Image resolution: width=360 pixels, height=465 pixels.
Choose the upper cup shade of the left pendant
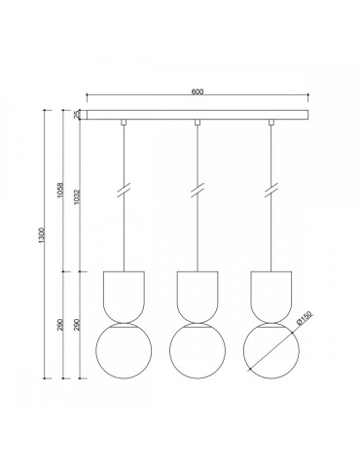point(124,294)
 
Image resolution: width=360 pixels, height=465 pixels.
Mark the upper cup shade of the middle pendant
point(197,294)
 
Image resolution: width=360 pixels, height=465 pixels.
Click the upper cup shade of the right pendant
point(270,294)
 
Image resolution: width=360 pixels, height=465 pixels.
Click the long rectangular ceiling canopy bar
point(196,115)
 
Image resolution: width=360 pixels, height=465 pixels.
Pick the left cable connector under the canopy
point(124,123)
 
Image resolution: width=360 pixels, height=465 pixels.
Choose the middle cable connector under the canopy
point(197,123)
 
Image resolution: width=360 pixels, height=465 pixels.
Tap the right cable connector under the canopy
point(270,123)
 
